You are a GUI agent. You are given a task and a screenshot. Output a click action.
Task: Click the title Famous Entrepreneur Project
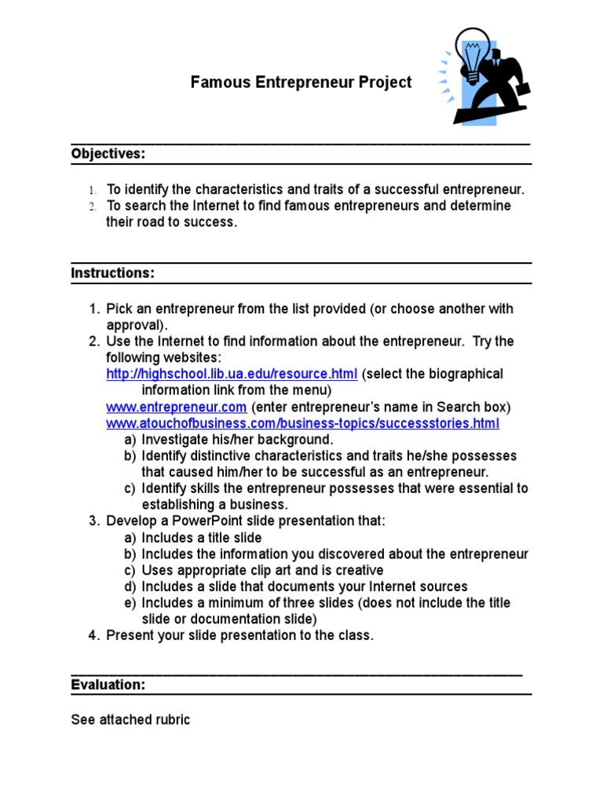point(301,82)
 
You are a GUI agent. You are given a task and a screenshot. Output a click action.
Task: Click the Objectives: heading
point(108,154)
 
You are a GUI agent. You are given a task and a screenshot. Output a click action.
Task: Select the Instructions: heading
point(113,273)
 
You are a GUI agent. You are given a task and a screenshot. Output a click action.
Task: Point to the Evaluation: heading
point(108,685)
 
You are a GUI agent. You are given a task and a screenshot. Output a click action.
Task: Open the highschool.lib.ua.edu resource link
point(232,374)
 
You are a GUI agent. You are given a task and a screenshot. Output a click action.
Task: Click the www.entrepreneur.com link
point(177,407)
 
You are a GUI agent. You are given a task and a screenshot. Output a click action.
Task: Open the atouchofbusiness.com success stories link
point(302,423)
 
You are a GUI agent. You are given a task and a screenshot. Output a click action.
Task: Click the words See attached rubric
point(130,719)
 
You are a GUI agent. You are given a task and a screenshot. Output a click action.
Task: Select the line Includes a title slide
point(201,538)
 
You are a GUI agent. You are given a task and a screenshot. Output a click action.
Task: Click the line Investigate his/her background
point(237,440)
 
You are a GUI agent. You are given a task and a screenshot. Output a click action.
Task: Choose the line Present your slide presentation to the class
point(240,635)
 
